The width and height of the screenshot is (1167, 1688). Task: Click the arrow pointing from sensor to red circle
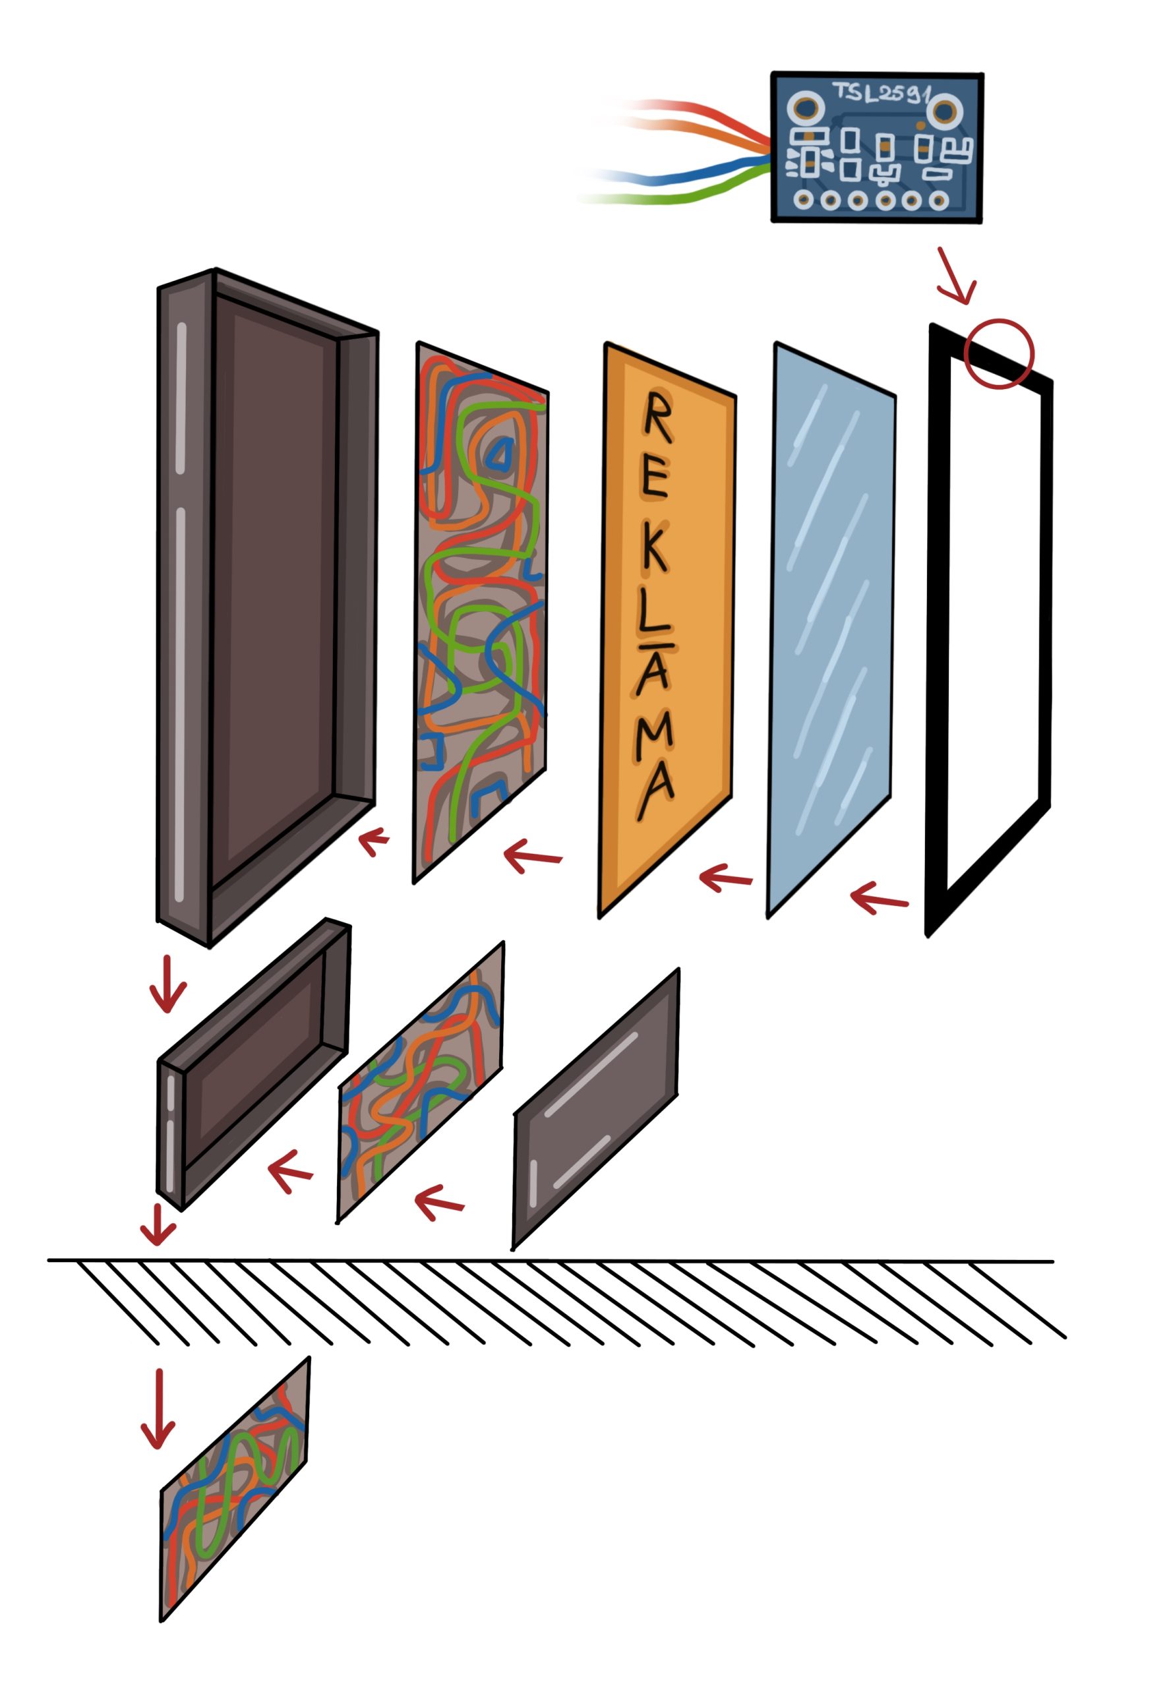(957, 276)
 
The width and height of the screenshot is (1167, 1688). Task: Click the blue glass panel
(832, 628)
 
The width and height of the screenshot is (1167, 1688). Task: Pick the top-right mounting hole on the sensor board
(944, 112)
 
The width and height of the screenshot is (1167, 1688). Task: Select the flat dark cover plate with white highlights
(596, 1109)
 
